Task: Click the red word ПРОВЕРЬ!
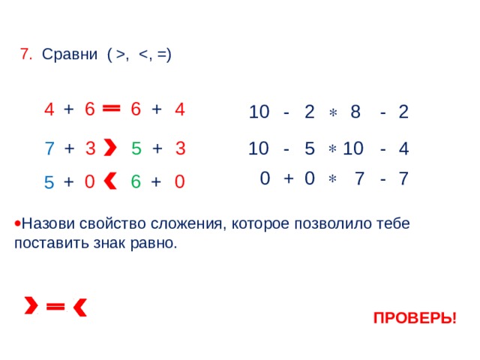click(415, 318)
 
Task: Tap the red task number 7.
click(26, 54)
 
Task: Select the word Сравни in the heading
click(70, 55)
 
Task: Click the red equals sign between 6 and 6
click(112, 108)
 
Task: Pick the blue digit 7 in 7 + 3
click(49, 148)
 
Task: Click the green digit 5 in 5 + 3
click(136, 148)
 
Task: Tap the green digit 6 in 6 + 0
click(136, 181)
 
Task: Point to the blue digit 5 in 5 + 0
click(49, 182)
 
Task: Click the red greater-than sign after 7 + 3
click(110, 147)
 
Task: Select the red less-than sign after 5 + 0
click(109, 181)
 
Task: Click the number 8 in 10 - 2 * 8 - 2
click(355, 112)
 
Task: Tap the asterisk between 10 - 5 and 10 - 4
click(332, 149)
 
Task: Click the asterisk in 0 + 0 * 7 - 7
click(332, 178)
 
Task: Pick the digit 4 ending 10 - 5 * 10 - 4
click(403, 148)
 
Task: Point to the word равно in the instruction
click(154, 243)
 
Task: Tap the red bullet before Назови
click(17, 223)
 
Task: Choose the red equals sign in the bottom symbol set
click(55, 306)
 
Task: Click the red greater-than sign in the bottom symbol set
click(31, 305)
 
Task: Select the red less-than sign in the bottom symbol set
click(80, 307)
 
